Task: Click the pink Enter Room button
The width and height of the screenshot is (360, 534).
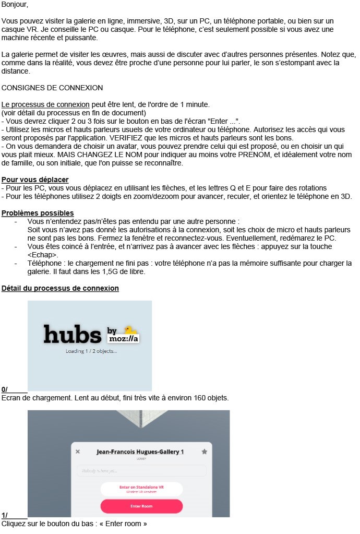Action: (141, 506)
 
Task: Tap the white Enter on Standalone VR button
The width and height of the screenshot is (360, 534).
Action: (141, 489)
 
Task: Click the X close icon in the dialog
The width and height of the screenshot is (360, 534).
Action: (78, 452)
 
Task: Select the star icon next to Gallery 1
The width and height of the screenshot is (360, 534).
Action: (204, 452)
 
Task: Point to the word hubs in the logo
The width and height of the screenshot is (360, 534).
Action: (72, 334)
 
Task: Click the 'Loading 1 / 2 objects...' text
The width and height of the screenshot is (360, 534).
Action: (91, 351)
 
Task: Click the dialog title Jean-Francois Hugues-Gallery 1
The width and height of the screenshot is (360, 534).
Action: (140, 452)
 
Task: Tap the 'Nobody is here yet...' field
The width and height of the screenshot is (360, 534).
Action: (141, 471)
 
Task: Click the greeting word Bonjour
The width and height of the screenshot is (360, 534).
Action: (15, 5)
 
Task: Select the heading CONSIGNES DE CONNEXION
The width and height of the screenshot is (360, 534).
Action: (52, 88)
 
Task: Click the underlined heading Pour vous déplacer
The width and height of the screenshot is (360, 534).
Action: (35, 180)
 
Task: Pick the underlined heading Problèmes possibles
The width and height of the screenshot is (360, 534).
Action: (38, 213)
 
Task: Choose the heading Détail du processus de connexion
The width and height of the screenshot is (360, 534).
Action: (60, 288)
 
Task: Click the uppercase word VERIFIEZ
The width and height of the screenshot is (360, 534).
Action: (152, 138)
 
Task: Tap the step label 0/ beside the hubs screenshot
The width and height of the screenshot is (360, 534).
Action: (5, 389)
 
